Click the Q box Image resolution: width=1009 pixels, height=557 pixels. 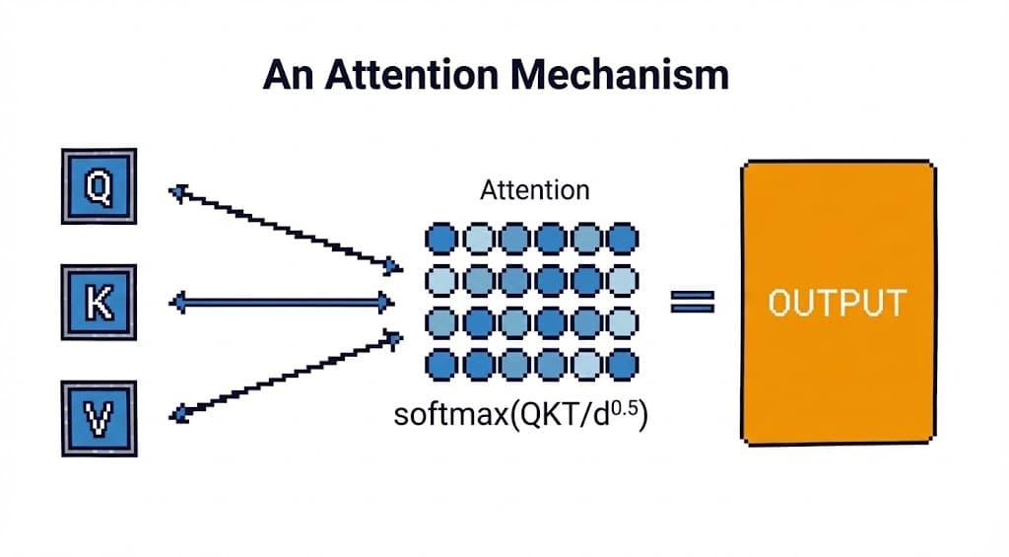click(x=99, y=185)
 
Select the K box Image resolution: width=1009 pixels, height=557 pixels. click(x=99, y=303)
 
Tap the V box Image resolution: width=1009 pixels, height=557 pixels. click(x=99, y=418)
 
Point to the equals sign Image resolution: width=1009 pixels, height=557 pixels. click(x=693, y=302)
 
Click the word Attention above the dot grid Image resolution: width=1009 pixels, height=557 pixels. click(x=534, y=190)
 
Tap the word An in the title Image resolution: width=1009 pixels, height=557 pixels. click(x=286, y=75)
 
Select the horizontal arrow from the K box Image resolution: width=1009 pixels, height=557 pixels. click(x=283, y=303)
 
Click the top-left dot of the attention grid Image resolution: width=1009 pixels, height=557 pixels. click(x=441, y=239)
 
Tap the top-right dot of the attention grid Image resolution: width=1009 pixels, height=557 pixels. click(x=622, y=239)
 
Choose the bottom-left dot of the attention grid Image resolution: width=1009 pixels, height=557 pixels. click(x=441, y=365)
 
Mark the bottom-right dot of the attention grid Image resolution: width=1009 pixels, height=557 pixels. click(x=622, y=365)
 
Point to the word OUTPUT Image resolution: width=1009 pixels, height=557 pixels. click(x=837, y=303)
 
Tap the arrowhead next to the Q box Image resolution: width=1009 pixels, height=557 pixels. click(x=177, y=191)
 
